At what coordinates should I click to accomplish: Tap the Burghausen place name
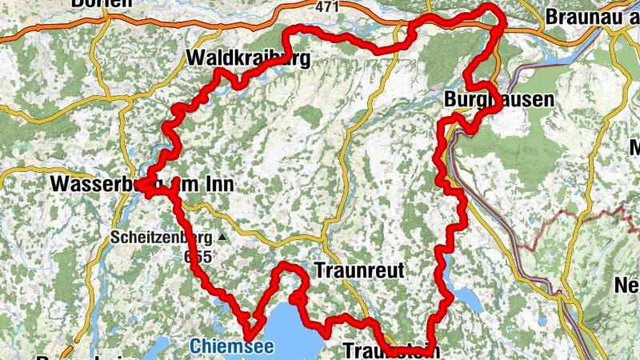tap(499, 100)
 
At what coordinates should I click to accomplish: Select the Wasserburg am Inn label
tap(141, 184)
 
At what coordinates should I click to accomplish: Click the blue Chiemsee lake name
tap(231, 346)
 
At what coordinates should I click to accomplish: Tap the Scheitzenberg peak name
tap(161, 238)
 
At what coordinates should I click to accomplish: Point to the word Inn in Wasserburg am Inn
tap(216, 184)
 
